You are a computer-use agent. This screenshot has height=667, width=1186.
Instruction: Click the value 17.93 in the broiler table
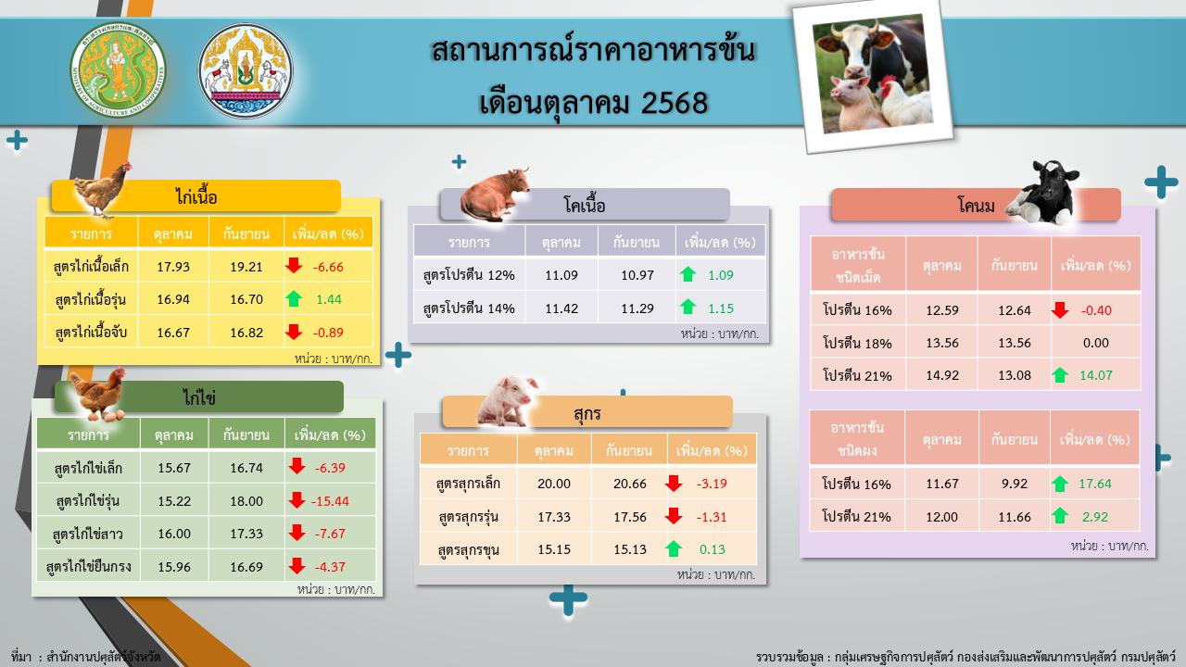coord(173,267)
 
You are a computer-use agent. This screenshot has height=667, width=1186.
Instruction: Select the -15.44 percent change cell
coord(330,500)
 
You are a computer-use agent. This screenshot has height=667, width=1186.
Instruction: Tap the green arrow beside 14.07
coord(1061,375)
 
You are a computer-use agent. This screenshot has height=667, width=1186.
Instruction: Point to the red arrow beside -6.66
coord(294,266)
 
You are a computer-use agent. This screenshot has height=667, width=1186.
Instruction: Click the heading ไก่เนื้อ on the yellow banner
coord(196,196)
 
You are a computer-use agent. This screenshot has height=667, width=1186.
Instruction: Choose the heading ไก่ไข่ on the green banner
coord(199,396)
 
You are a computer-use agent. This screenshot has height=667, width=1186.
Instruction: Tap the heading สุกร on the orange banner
coord(587,411)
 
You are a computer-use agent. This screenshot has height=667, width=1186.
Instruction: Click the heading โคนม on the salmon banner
coord(977,206)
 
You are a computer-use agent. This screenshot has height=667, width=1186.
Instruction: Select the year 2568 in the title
coord(675,101)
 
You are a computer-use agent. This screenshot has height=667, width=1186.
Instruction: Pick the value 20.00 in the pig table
coord(554,484)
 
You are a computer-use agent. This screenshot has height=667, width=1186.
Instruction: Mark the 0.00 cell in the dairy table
coord(1095,343)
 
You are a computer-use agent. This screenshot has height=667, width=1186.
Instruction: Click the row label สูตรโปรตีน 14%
coord(468,308)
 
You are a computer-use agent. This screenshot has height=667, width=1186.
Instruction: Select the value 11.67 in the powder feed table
coord(942,484)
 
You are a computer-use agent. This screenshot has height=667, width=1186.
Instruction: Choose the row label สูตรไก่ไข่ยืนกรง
coord(89,566)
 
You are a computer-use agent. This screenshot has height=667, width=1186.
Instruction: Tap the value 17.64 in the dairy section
coord(1094,484)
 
